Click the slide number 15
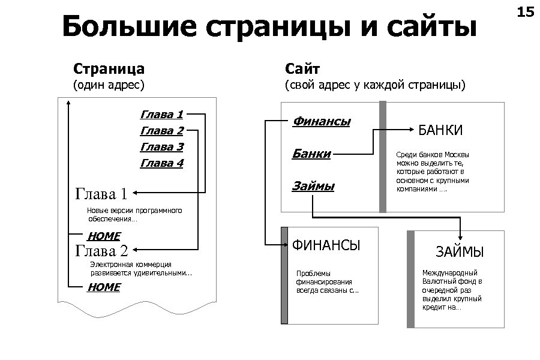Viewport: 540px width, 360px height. [x=525, y=11]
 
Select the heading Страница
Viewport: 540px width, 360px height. [x=108, y=68]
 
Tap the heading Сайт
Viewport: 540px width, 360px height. [x=302, y=68]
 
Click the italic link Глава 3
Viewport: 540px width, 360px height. [x=161, y=146]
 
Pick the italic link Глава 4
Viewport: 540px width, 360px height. [x=161, y=163]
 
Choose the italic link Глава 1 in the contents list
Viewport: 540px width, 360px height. [x=161, y=113]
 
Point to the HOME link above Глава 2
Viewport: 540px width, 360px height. [x=104, y=236]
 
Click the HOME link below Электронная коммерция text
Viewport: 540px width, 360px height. [x=104, y=287]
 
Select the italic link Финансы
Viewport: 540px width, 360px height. [x=322, y=121]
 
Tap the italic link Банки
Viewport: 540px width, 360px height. [x=311, y=154]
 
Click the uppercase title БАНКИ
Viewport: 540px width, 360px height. [x=440, y=130]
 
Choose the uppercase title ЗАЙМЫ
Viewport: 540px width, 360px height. [x=460, y=253]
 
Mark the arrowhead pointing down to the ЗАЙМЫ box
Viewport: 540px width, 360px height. [x=460, y=237]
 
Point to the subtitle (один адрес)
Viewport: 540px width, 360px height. [x=109, y=85]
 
